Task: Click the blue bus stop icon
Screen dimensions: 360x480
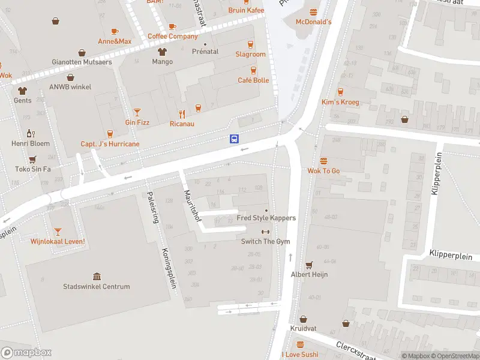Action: pyautogui.click(x=234, y=139)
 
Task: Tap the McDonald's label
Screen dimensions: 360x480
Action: pyautogui.click(x=313, y=22)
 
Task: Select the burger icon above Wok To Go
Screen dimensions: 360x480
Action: pyautogui.click(x=323, y=161)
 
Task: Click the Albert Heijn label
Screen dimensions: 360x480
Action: pyautogui.click(x=309, y=274)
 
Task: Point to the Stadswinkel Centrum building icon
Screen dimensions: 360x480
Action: pyautogui.click(x=97, y=276)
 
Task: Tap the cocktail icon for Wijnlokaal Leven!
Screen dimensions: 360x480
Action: pyautogui.click(x=58, y=231)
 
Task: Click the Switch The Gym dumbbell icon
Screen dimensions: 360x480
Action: pyautogui.click(x=265, y=232)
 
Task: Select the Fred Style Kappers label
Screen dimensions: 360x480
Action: pyautogui.click(x=266, y=218)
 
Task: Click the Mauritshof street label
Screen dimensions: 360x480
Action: pyautogui.click(x=192, y=206)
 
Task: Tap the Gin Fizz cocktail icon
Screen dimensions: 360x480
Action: pyautogui.click(x=137, y=112)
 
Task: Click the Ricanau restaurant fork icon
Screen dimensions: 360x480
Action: pyautogui.click(x=182, y=114)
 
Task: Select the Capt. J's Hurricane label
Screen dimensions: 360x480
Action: pyautogui.click(x=110, y=144)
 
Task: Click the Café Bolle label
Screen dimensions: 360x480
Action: pyautogui.click(x=253, y=80)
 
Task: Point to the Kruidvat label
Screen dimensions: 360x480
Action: pyautogui.click(x=303, y=329)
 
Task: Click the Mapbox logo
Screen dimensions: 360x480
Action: pyautogui.click(x=26, y=352)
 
